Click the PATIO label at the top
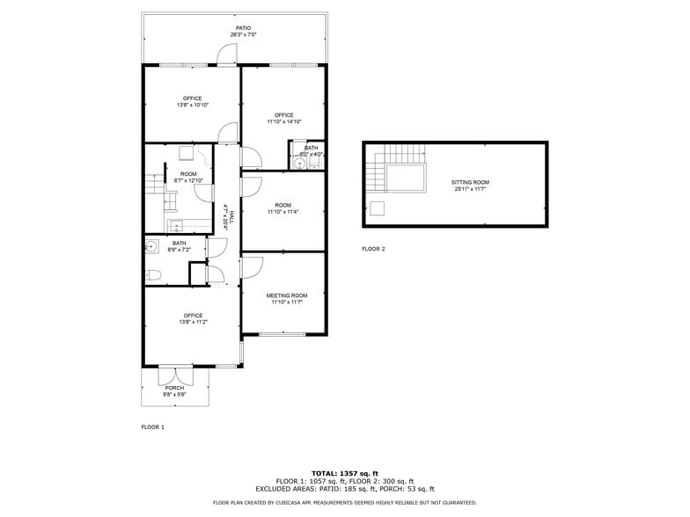[243, 28]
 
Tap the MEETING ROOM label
[287, 295]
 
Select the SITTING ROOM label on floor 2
[471, 182]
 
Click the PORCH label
[174, 388]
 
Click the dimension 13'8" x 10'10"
[192, 106]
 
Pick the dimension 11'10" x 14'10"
[283, 122]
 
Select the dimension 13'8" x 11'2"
[193, 323]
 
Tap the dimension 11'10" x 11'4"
[283, 212]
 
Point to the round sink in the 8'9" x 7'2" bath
[150, 246]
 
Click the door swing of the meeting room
[252, 265]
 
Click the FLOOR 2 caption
[373, 249]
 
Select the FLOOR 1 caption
[153, 427]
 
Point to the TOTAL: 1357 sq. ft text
[344, 473]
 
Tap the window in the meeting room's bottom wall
[282, 333]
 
